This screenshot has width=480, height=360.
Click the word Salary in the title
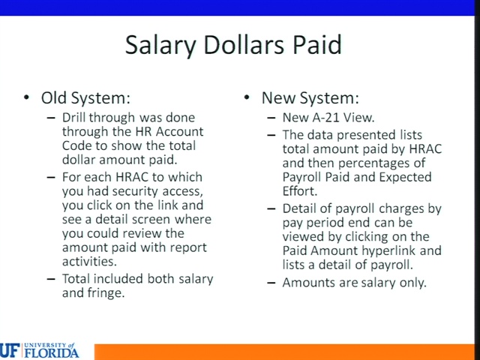click(x=160, y=45)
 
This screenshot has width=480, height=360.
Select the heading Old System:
click(x=85, y=98)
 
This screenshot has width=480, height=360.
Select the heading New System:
click(x=310, y=98)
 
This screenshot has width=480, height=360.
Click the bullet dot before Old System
click(x=27, y=97)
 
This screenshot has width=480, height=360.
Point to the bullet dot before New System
click(x=247, y=97)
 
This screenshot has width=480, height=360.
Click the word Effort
click(x=300, y=191)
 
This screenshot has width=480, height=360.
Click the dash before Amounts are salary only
click(x=271, y=283)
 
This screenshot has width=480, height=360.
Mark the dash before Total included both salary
click(x=51, y=279)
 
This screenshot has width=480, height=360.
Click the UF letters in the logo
click(x=10, y=351)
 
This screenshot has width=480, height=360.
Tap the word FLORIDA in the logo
click(x=52, y=352)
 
